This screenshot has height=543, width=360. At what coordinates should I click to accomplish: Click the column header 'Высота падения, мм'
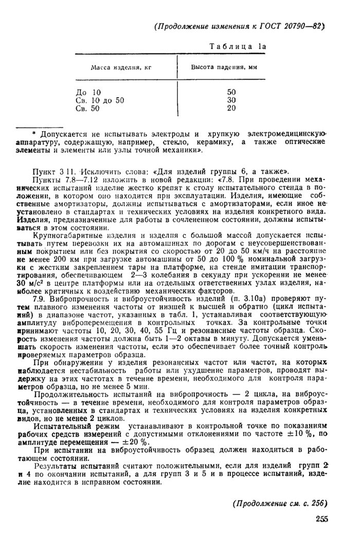[x=224, y=67]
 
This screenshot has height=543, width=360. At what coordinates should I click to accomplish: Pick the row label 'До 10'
[x=85, y=92]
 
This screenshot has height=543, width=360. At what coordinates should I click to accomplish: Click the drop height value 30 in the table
[x=231, y=100]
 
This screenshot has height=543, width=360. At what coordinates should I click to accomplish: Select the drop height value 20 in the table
[x=231, y=108]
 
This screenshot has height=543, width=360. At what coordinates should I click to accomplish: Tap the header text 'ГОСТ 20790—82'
[x=296, y=26]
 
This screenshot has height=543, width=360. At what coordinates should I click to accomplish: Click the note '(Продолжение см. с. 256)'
[x=280, y=503]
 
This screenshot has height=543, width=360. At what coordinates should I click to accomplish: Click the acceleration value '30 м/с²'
[x=28, y=282]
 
